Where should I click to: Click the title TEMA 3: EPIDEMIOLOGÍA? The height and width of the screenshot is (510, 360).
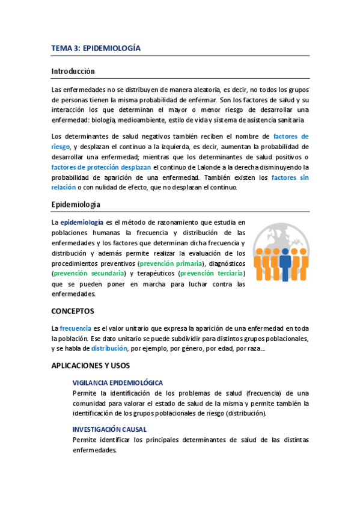(96, 48)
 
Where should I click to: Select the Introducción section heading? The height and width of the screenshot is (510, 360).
(73, 71)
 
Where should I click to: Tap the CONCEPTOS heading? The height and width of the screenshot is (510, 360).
(72, 312)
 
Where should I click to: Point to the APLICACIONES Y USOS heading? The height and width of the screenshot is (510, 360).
(90, 366)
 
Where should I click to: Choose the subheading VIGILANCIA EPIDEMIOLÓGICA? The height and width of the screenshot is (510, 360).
(117, 382)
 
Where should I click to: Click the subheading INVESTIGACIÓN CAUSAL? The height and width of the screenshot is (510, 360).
(109, 429)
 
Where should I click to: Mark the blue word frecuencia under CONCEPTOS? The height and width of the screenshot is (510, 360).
(75, 328)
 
